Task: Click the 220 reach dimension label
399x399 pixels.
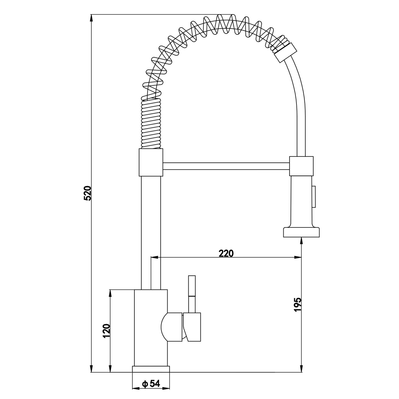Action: coord(226,253)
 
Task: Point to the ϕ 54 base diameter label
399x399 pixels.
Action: coord(151,383)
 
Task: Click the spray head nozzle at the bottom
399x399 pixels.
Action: coord(301,232)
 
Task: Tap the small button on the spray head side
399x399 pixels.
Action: coord(314,196)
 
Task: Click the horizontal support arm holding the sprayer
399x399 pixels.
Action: coord(226,166)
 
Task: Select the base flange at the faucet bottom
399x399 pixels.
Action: coord(151,369)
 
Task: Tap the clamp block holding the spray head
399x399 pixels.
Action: coord(301,166)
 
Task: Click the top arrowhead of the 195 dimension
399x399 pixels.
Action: coord(301,242)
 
